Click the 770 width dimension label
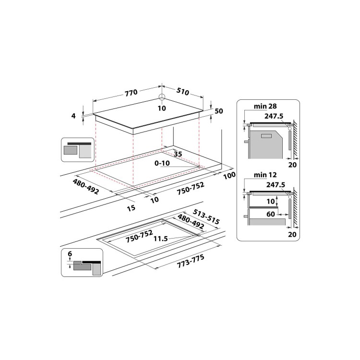(132, 92)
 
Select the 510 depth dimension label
(183, 92)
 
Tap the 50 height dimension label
(219, 111)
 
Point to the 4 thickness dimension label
(73, 116)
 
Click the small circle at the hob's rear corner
(162, 96)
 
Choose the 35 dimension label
(178, 154)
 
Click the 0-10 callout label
(162, 163)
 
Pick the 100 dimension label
(229, 176)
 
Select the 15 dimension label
(131, 208)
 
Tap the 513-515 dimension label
(206, 216)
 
